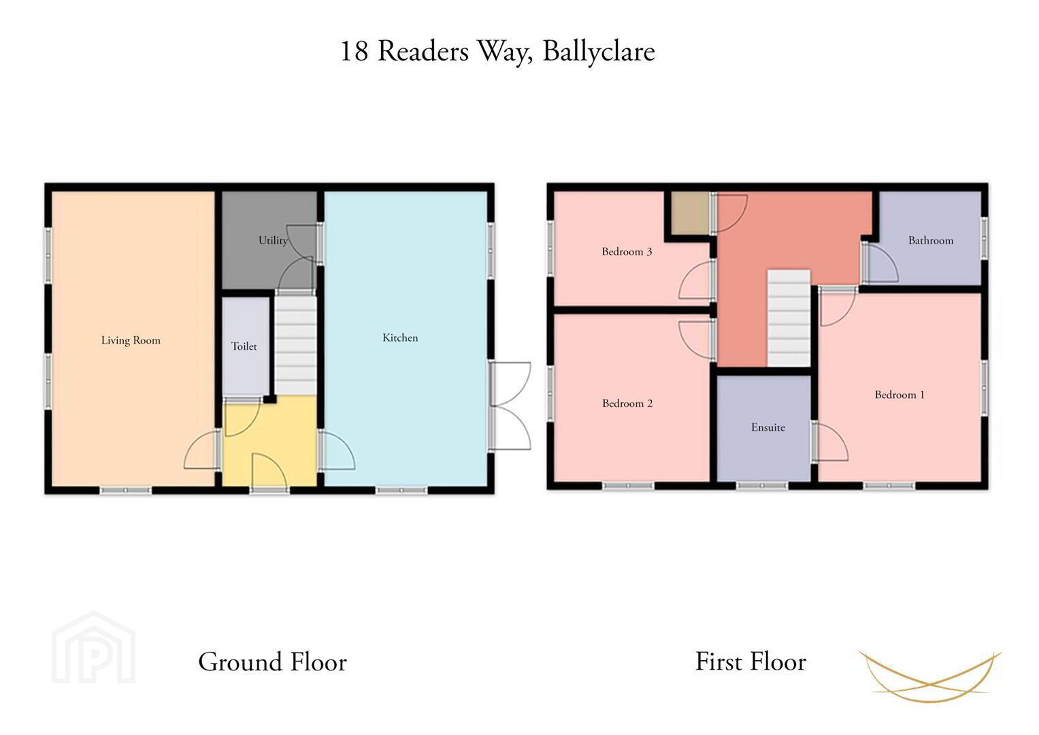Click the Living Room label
click(x=131, y=340)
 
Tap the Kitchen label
click(x=400, y=338)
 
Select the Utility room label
click(x=274, y=240)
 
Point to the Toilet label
click(x=244, y=346)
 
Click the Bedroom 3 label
click(x=627, y=252)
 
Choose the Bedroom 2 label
click(x=627, y=403)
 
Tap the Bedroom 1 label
click(x=900, y=395)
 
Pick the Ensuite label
click(x=768, y=427)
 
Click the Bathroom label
click(x=931, y=240)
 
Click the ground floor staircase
click(x=296, y=345)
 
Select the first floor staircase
click(x=789, y=318)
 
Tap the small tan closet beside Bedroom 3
click(x=690, y=214)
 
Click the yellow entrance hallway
click(x=270, y=441)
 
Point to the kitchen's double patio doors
click(x=510, y=406)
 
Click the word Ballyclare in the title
click(x=599, y=51)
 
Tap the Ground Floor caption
click(x=272, y=661)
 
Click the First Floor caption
click(x=751, y=661)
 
